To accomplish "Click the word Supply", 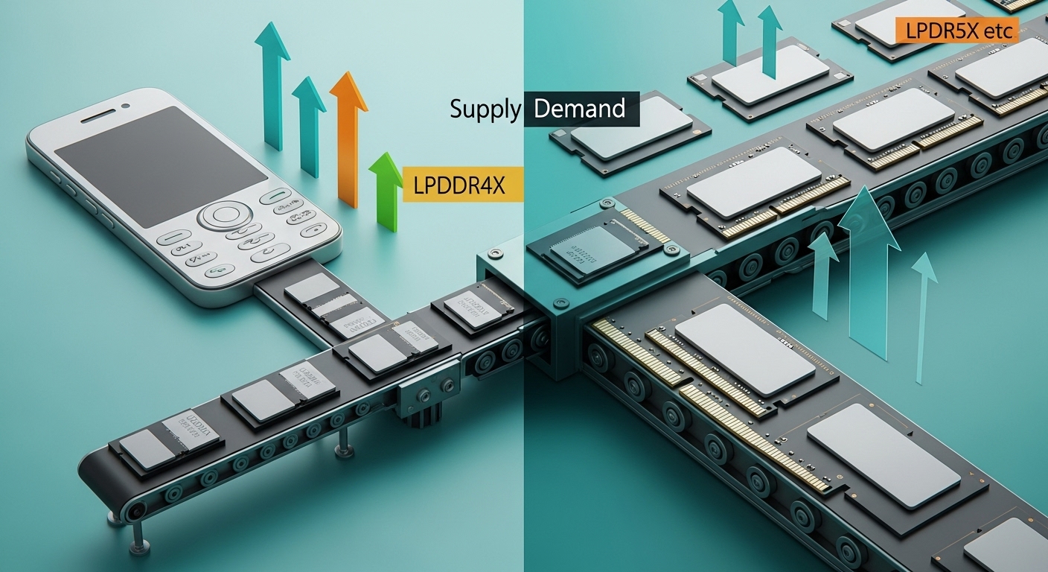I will pos(485,109).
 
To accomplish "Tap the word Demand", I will pos(580,109).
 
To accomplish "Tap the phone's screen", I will pos(160,165).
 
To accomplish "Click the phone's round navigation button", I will pos(223,216).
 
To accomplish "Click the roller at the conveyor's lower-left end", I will pos(135,512).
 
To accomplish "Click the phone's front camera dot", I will pos(125,105).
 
